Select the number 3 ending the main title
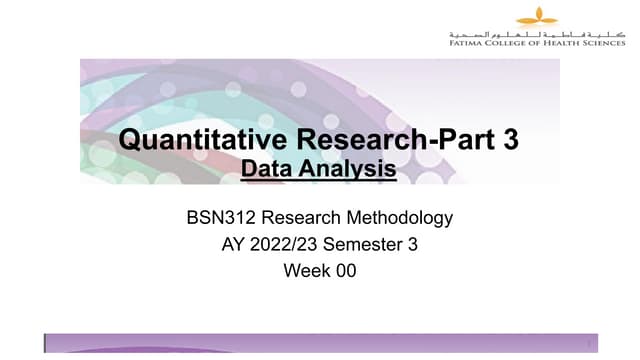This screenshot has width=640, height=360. tap(511, 140)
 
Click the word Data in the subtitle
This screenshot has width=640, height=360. tap(268, 170)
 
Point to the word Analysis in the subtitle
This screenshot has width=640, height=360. tap(349, 170)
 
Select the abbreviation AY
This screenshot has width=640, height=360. tap(234, 243)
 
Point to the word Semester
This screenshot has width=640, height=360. tap(367, 243)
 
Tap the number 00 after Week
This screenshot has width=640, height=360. tap(345, 270)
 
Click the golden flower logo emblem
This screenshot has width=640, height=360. tap(536, 16)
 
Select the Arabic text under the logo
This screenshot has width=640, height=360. tap(536, 33)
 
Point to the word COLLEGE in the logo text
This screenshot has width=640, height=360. tap(510, 43)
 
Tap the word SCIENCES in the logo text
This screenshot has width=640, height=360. tap(603, 43)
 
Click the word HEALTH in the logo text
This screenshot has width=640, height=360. tap(563, 43)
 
